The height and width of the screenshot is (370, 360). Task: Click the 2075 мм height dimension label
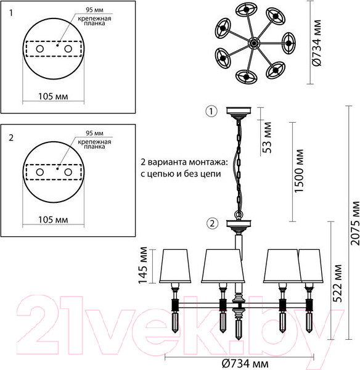tap(354, 223)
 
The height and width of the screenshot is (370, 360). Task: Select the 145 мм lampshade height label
tap(144, 263)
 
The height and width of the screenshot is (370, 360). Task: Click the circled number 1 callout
tap(211, 112)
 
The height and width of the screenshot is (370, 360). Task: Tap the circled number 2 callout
tap(211, 223)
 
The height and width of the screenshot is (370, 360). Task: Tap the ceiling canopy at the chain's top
tap(239, 113)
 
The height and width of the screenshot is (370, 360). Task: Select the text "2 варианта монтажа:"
tap(184, 162)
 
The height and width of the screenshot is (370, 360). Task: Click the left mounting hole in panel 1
tap(39, 49)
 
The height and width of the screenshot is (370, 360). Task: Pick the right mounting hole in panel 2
tap(68, 171)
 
